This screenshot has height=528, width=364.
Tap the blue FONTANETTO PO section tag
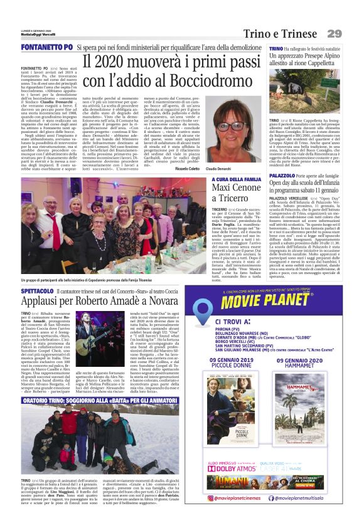[46, 47]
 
